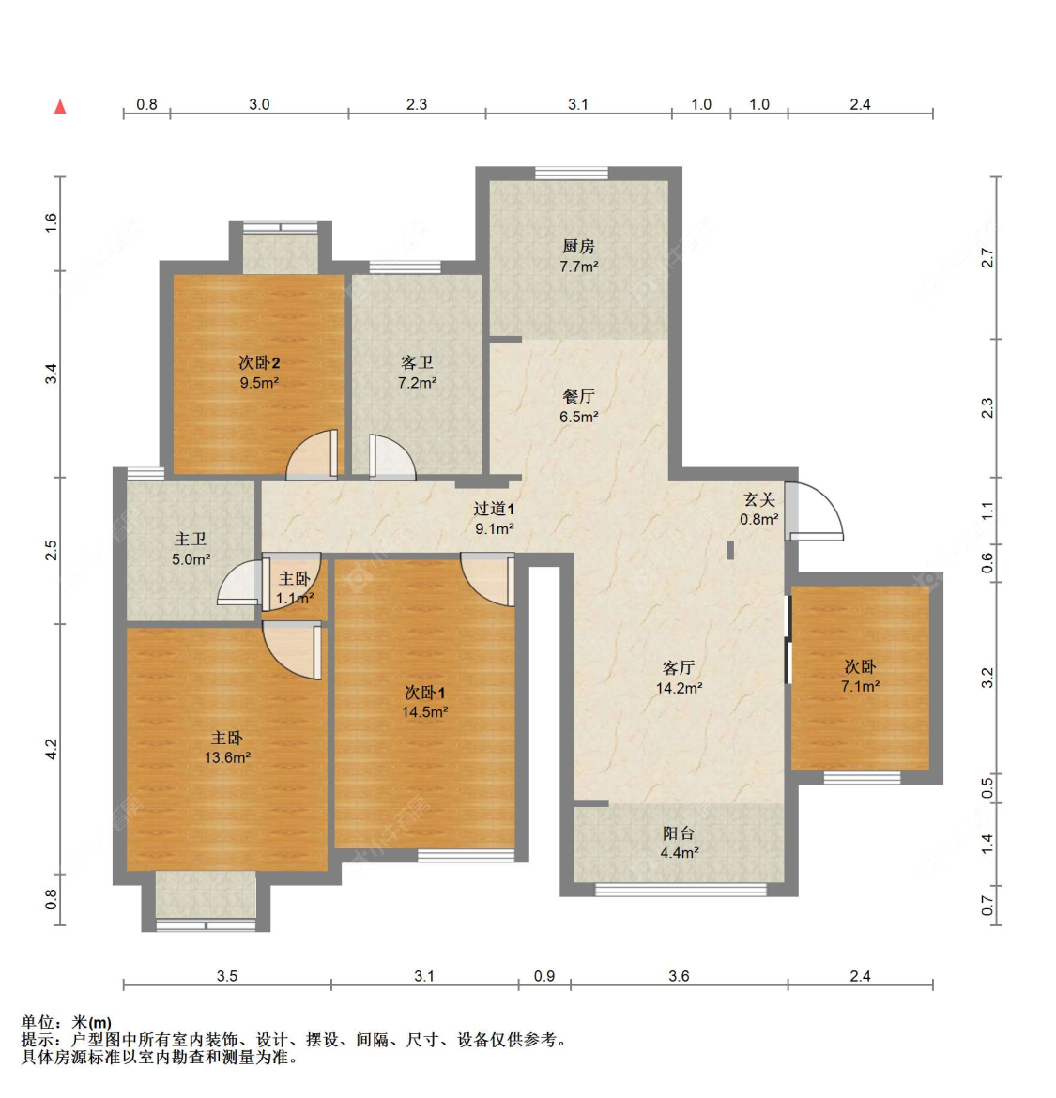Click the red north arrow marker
click(60, 106)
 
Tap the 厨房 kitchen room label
click(578, 246)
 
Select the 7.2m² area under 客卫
click(417, 383)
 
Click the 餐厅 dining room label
click(578, 397)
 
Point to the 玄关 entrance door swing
click(815, 511)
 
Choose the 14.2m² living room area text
click(679, 688)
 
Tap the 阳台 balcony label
click(679, 832)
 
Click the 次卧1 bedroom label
click(424, 693)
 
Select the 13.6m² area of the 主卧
click(227, 758)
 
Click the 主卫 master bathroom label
click(191, 539)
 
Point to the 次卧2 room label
click(259, 362)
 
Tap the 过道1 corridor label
click(494, 509)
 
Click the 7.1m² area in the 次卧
click(860, 686)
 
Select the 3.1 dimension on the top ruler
click(578, 104)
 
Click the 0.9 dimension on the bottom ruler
click(544, 976)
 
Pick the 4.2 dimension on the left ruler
click(52, 749)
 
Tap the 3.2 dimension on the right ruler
click(987, 678)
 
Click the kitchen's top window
click(571, 173)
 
